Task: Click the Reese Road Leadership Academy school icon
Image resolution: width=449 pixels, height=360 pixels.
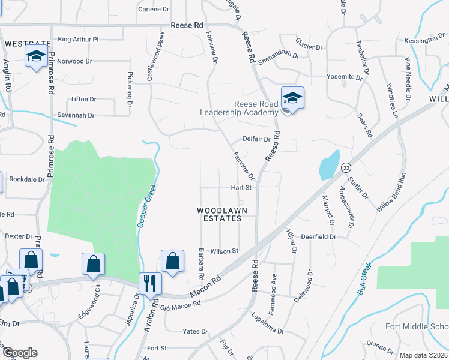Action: (x=292, y=98)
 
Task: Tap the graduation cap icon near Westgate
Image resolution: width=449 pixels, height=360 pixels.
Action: (x=36, y=57)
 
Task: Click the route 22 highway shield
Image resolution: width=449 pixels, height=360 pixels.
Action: (x=346, y=168)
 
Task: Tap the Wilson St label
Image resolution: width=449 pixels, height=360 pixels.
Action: (x=224, y=251)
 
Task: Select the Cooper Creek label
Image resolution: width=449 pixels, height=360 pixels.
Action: (x=148, y=205)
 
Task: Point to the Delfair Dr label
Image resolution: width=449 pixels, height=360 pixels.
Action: (x=257, y=139)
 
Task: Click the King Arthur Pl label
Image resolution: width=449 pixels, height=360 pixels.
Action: (x=78, y=39)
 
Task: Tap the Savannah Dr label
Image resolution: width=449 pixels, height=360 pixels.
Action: (x=76, y=115)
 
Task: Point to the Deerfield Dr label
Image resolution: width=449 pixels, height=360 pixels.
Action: (x=318, y=237)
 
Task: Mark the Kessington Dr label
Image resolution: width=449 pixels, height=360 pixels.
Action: (x=424, y=40)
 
